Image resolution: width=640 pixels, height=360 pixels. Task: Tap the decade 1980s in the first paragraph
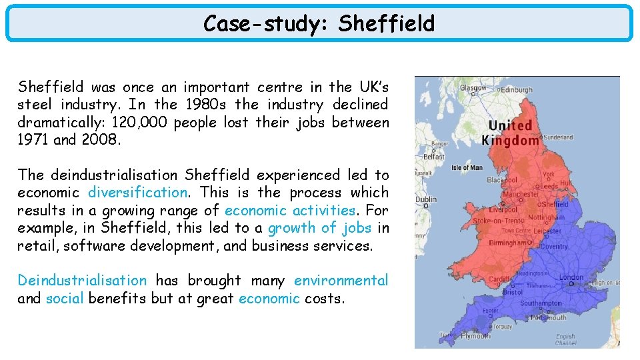coord(205,105)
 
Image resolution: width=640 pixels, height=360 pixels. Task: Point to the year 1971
coord(33,140)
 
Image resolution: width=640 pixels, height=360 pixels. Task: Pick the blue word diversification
coord(138,193)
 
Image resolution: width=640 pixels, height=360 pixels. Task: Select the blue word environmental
coord(341,281)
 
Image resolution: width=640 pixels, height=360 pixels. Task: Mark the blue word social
coord(65,298)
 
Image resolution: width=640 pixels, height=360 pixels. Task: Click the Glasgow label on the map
coord(474,87)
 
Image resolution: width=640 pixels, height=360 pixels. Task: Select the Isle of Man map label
coord(467,167)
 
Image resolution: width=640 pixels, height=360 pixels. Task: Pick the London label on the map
coord(571,277)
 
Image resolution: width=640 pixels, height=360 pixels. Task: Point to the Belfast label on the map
coord(434,157)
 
